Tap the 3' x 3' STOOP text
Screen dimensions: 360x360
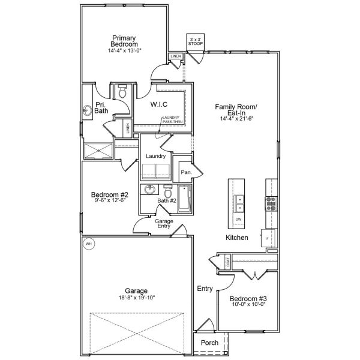click(x=195, y=41)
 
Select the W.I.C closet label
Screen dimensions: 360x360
click(x=159, y=104)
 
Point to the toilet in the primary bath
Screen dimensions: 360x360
click(x=122, y=93)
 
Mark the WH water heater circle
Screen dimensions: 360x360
click(x=89, y=244)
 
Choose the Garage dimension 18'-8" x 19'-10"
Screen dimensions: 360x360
click(x=136, y=298)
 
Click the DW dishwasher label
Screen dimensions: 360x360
click(x=239, y=220)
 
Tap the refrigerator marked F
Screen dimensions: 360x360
click(x=266, y=238)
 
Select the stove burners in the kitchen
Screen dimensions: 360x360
click(x=271, y=203)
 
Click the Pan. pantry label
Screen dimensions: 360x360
click(x=186, y=172)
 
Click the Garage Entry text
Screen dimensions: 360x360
click(x=164, y=223)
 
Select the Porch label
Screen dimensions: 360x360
click(x=209, y=343)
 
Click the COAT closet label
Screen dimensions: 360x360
click(x=227, y=262)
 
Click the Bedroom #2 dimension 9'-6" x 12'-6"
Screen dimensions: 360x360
click(x=109, y=200)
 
